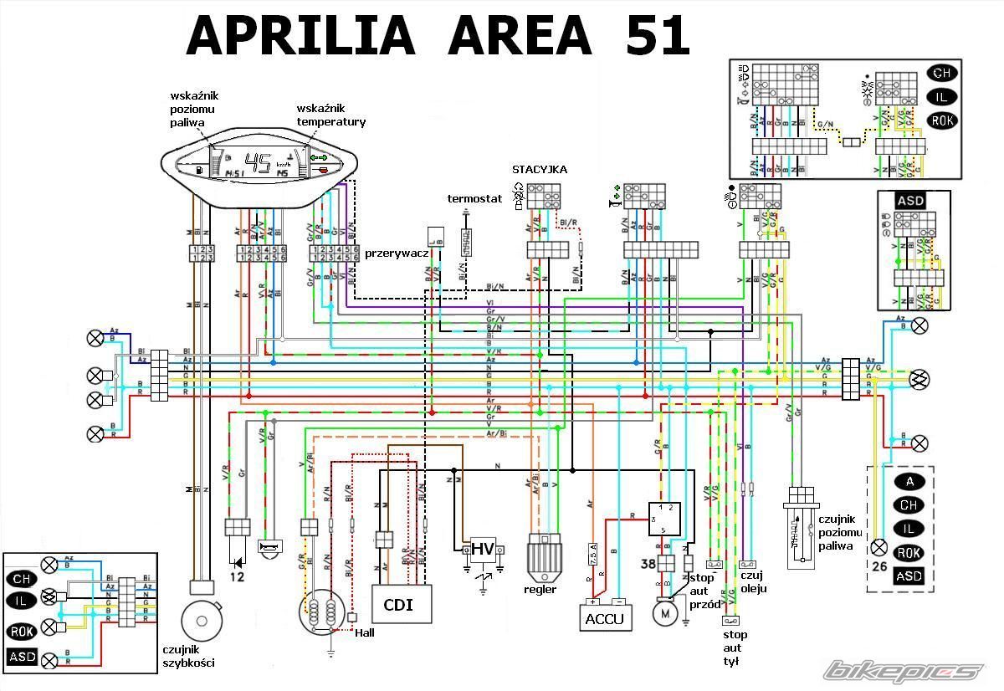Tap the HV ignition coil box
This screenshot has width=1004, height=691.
[483, 549]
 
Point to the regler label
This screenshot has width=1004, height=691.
[540, 590]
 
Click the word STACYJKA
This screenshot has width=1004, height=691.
[540, 170]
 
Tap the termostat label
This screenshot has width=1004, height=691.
[474, 199]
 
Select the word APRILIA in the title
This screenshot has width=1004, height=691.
[300, 36]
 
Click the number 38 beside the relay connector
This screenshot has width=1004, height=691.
[648, 564]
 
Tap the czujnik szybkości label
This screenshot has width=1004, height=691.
[189, 656]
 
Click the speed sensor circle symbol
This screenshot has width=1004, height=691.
[202, 620]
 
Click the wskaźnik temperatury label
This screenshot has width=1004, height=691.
[330, 115]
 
